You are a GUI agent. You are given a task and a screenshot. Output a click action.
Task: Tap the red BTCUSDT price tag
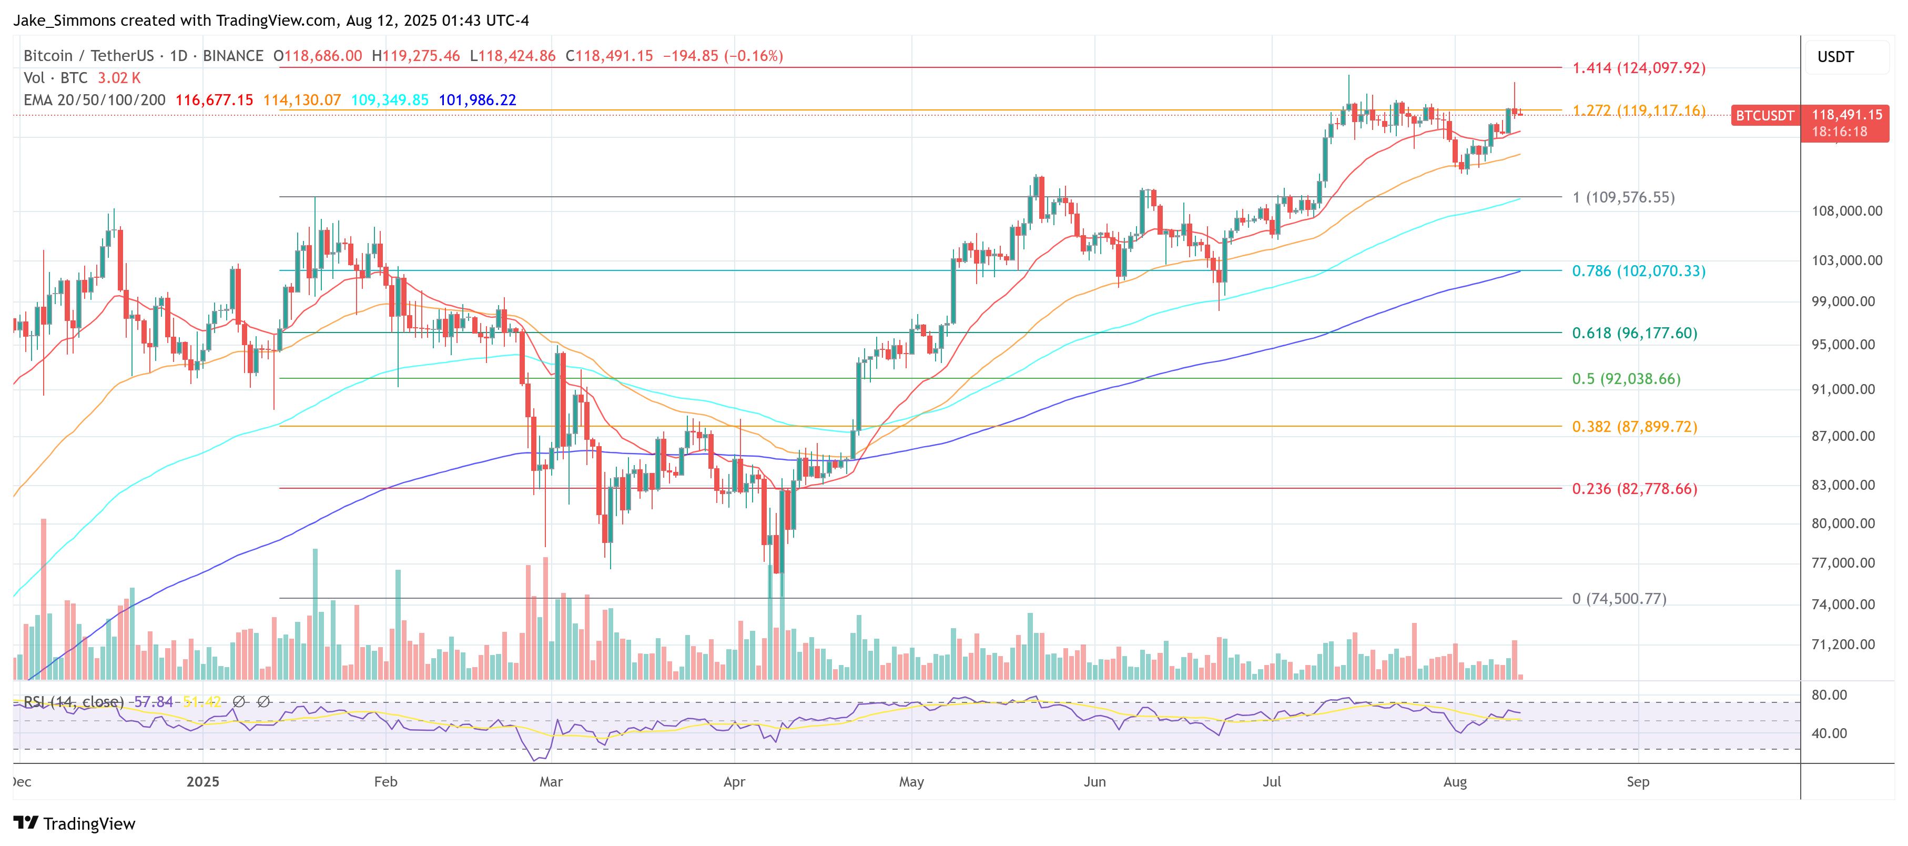1764,116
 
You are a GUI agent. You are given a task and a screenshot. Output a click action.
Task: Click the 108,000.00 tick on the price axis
1846,211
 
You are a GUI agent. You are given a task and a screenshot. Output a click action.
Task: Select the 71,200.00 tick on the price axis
1843,644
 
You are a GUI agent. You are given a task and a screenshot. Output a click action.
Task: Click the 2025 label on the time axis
202,781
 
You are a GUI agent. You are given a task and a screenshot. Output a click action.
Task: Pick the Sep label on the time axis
1637,781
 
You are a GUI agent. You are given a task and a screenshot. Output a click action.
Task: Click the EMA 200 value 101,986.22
477,100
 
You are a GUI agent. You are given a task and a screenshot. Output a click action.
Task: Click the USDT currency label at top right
1835,57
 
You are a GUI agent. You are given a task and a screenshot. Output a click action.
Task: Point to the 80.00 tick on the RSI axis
1829,695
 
